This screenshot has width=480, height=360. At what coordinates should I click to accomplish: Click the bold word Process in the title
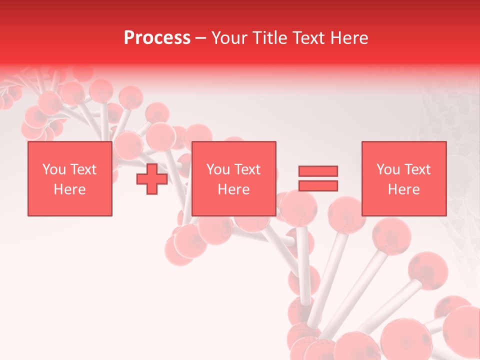click(x=157, y=38)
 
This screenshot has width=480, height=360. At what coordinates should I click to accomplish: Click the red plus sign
click(x=152, y=179)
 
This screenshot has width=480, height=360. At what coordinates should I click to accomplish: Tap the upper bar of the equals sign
click(x=318, y=171)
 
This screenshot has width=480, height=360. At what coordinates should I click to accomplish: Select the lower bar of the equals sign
click(x=318, y=185)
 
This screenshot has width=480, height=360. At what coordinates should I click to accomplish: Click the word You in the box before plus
click(x=53, y=169)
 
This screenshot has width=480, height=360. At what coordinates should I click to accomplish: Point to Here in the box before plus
click(x=70, y=189)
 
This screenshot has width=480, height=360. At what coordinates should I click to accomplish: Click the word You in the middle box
click(x=218, y=169)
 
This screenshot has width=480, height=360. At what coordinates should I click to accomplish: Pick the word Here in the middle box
click(x=234, y=189)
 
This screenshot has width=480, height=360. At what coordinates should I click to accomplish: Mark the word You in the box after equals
click(x=388, y=169)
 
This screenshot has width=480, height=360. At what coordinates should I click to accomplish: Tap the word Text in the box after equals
click(x=417, y=169)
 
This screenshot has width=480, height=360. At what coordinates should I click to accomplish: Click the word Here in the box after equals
click(x=404, y=189)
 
